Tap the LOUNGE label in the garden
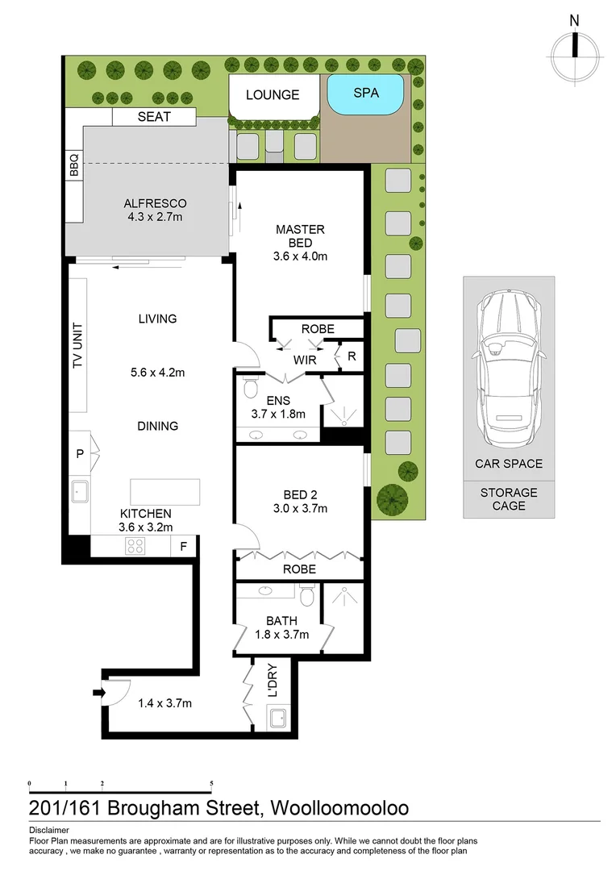pos(273,95)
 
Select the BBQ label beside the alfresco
pos(74,165)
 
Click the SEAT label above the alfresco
pos(154,117)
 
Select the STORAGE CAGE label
pos(509,499)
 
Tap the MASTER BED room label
pos(300,236)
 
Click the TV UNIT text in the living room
pos(77,345)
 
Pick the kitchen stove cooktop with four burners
pos(135,546)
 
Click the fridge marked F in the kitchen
pos(183,547)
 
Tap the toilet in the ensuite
pos(251,387)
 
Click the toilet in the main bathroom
pos(306,595)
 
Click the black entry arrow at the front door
pos(98,693)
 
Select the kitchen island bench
pos(165,492)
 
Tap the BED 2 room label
pos(300,494)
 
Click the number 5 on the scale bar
pos(211,783)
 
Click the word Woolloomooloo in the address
pos(339,807)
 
